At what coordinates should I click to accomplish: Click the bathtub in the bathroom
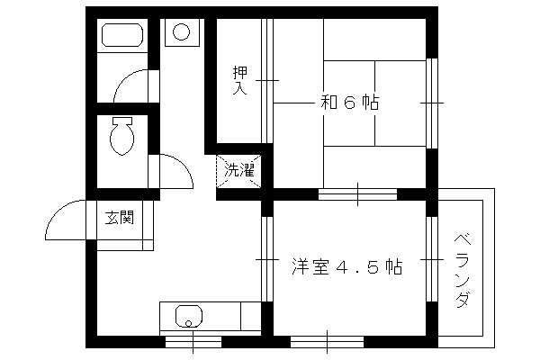pos(122,35)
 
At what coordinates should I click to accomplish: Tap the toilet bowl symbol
pos(121,136)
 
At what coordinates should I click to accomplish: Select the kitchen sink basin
pos(189,316)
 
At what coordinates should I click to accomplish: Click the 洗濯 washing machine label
pos(239,170)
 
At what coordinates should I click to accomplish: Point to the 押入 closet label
pos(240,80)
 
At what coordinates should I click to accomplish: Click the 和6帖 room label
pos(349,103)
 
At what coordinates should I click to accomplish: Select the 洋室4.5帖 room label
pos(346,266)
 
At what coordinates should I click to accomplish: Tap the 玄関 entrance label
pos(119,218)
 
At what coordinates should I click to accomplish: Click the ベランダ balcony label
pos(463,270)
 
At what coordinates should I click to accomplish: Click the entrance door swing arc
pos(57,211)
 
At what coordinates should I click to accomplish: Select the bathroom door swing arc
pos(124,79)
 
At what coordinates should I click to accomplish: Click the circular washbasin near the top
pos(182,32)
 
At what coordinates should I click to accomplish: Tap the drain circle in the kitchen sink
pos(188,323)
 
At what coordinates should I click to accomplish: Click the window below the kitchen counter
pos(193,342)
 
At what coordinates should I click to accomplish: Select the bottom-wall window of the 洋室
pos(327,342)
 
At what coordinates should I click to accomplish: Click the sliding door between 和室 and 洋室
pos(357,194)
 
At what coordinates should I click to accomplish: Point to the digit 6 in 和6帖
pos(349,103)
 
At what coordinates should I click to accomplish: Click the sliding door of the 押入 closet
pos(267,81)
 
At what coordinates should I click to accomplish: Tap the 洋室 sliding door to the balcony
pos(432,259)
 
